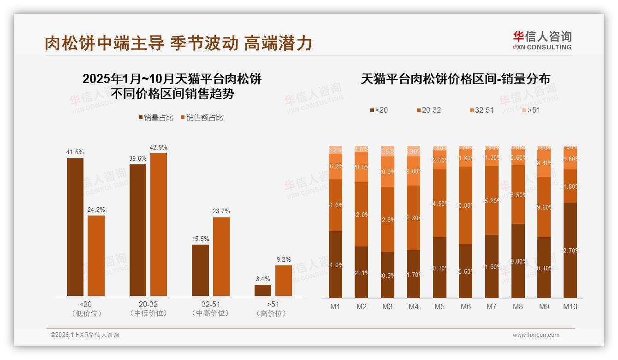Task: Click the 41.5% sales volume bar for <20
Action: tap(75, 227)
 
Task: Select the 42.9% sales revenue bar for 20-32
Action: tap(158, 224)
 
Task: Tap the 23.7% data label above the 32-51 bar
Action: tap(221, 211)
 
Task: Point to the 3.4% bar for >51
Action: tap(263, 290)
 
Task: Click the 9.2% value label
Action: tap(284, 260)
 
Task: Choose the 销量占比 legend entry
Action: tap(156, 118)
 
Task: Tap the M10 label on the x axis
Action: tap(570, 306)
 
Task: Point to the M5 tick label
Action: tap(440, 306)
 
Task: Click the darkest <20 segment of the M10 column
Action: tap(570, 250)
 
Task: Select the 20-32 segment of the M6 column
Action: tap(466, 205)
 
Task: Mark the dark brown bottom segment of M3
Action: tap(387, 275)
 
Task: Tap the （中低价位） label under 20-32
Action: tap(148, 314)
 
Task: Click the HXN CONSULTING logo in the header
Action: tap(542, 41)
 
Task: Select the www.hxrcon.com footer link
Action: tap(536, 335)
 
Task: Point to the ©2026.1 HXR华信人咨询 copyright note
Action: tap(85, 335)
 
